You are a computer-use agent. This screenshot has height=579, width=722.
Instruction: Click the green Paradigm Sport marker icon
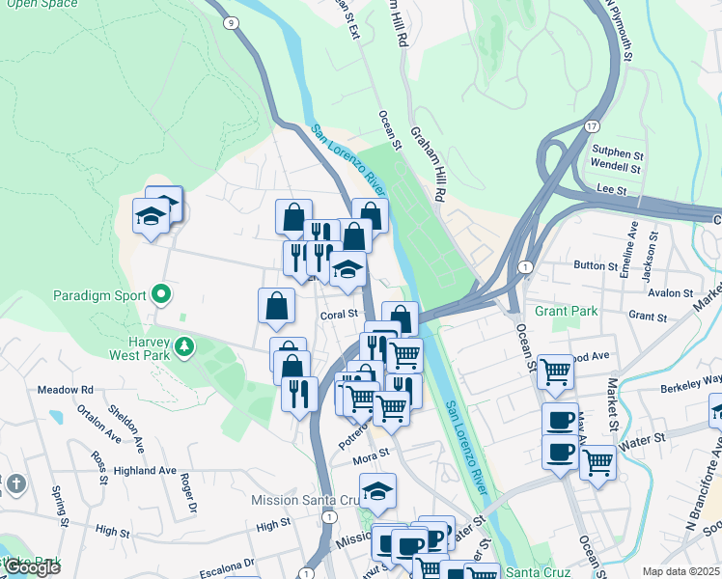[160, 295]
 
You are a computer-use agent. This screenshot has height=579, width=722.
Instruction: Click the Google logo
[32, 568]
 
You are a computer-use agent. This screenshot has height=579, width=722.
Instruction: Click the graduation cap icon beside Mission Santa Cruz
[377, 491]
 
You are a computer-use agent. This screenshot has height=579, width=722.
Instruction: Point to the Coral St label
[339, 315]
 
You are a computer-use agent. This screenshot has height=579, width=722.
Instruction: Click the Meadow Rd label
[65, 390]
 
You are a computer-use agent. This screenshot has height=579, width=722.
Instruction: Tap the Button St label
[596, 264]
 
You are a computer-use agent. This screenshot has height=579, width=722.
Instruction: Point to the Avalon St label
[672, 292]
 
